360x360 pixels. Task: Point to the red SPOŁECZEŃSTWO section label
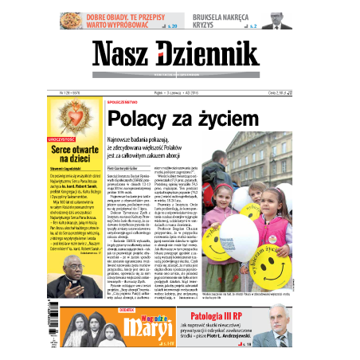pos(125,102)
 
